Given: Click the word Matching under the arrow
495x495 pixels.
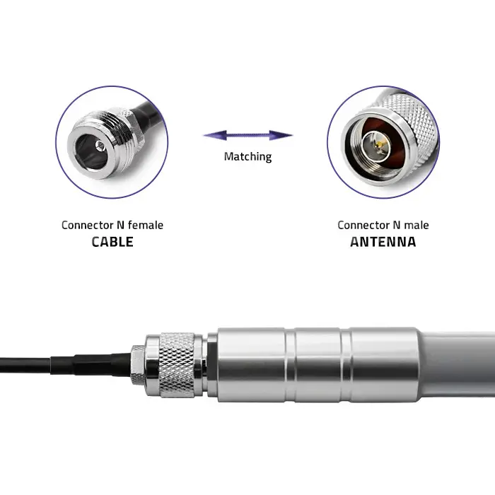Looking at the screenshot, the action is [248, 157].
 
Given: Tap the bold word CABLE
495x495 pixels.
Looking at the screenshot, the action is [112, 242].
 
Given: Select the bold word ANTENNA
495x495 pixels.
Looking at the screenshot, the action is [383, 242].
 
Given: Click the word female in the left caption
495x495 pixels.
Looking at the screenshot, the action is [146, 225].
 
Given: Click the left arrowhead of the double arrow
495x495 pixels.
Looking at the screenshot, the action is [215, 136].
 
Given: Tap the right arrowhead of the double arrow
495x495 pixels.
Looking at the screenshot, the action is [281, 136].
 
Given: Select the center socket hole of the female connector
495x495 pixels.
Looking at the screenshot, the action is [101, 146].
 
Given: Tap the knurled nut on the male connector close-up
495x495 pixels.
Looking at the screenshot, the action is [410, 123].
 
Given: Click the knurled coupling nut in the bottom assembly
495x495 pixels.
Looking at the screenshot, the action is [177, 365].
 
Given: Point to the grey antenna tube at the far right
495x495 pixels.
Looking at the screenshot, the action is [458, 365].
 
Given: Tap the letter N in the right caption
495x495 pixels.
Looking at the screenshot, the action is [397, 225].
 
